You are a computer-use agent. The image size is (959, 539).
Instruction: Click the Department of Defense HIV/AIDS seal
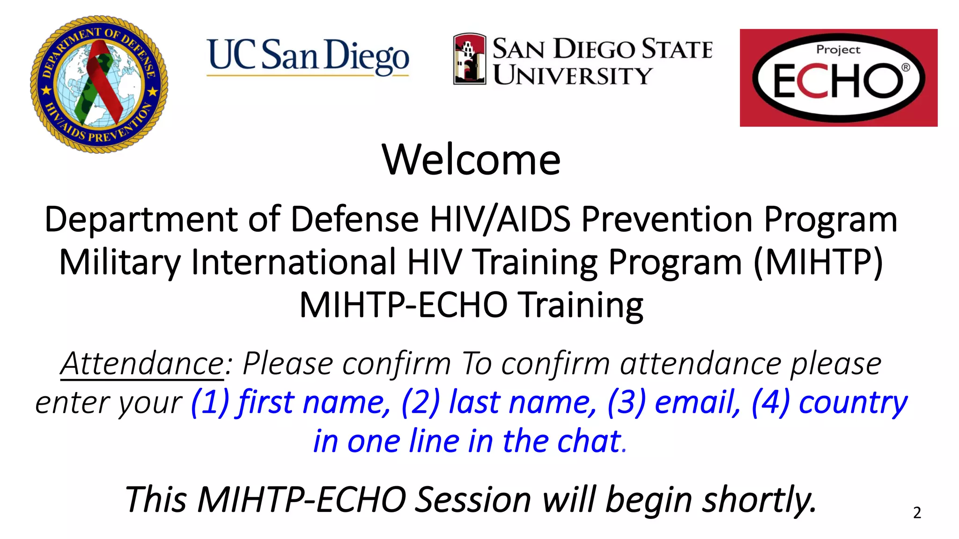(99, 84)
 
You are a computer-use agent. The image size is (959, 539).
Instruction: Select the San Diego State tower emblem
(469, 59)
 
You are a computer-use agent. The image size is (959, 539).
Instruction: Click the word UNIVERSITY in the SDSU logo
(572, 75)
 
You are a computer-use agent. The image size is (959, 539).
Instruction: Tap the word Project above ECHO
(838, 50)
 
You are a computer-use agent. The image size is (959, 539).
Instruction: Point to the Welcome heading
(471, 160)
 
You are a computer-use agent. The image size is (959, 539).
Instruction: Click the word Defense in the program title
(354, 219)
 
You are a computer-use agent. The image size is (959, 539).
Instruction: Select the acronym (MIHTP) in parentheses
(818, 262)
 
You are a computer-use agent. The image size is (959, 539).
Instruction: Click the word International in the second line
(294, 262)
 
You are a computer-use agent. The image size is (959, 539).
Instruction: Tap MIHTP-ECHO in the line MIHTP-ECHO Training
(404, 305)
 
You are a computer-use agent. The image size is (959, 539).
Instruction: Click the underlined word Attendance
(142, 364)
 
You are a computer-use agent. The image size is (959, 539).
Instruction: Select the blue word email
(698, 402)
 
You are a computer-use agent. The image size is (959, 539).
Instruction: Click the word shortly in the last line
(759, 500)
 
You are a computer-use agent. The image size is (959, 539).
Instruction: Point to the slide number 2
(917, 513)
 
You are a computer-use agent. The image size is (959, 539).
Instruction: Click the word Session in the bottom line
(473, 500)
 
